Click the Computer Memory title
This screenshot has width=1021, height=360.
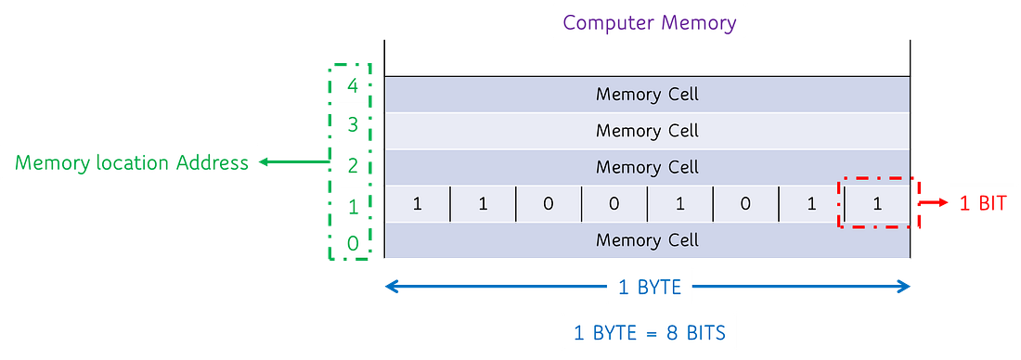click(x=649, y=22)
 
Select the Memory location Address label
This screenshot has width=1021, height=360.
click(x=132, y=162)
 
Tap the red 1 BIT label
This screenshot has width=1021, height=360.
click(x=983, y=203)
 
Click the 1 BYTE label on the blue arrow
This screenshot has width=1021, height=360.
click(x=649, y=288)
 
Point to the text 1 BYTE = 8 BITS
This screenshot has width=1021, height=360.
click(x=649, y=332)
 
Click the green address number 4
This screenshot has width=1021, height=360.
click(x=352, y=86)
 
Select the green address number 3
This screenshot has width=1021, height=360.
click(x=352, y=125)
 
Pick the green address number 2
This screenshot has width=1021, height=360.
click(x=352, y=165)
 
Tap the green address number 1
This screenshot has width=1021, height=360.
click(x=352, y=206)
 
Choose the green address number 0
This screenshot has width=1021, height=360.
click(x=352, y=243)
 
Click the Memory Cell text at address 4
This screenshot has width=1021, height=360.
click(x=647, y=94)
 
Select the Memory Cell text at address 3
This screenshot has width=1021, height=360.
click(x=647, y=131)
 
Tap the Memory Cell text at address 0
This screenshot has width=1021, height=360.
click(x=647, y=240)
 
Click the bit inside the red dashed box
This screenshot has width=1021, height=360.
click(x=877, y=204)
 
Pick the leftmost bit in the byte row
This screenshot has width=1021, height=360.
click(x=417, y=204)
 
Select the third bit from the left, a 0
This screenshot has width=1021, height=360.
click(x=549, y=204)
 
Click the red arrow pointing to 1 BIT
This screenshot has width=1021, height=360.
click(x=929, y=203)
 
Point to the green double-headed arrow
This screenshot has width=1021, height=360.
click(x=295, y=162)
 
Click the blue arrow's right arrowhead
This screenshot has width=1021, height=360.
click(x=902, y=288)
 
